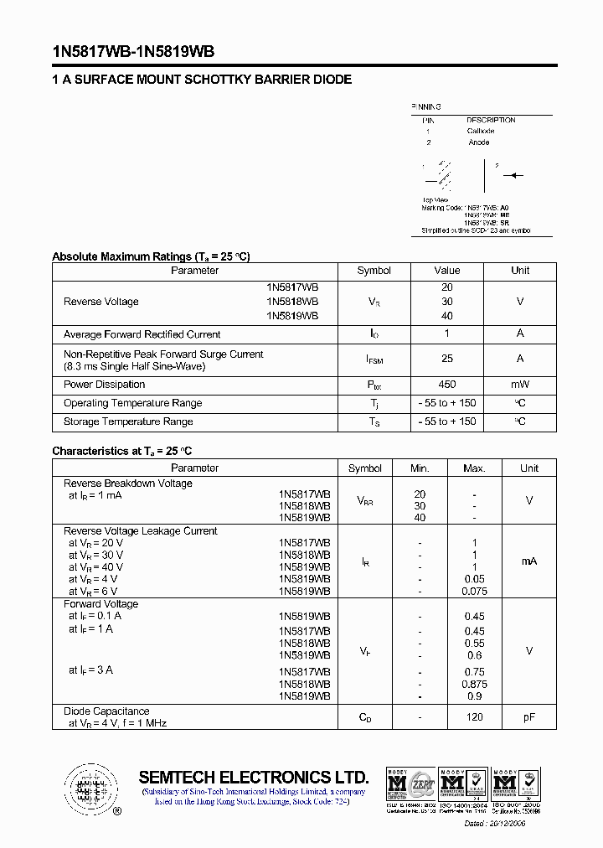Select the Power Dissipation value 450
(x=446, y=385)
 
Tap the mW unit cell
(x=520, y=385)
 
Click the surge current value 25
(x=446, y=359)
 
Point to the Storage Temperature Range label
(x=128, y=421)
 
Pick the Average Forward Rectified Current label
(x=142, y=334)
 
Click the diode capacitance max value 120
(x=474, y=717)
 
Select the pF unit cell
(x=529, y=717)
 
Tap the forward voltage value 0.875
(x=474, y=685)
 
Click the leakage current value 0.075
(x=474, y=591)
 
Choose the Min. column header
(x=420, y=468)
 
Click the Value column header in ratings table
(x=446, y=271)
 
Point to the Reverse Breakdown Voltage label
(x=128, y=483)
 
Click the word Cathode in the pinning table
(x=481, y=131)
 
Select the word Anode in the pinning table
(x=478, y=142)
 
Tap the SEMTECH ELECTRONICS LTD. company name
(x=254, y=777)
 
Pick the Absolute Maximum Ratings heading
(x=151, y=256)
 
